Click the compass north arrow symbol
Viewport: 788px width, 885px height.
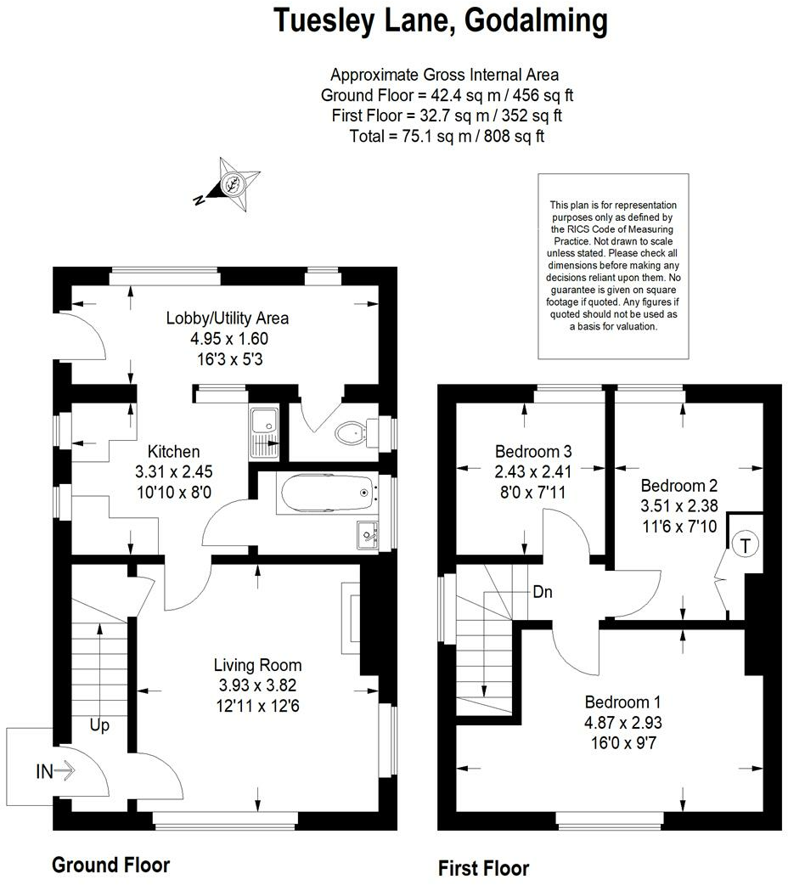tap(230, 183)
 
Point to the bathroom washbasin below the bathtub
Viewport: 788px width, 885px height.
tap(368, 533)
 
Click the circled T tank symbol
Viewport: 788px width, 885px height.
tap(745, 544)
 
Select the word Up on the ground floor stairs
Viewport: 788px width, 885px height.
tap(99, 726)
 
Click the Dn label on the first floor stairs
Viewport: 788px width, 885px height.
tap(543, 592)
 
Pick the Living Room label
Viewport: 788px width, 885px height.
tap(257, 665)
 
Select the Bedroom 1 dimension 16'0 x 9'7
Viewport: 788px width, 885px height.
tap(622, 741)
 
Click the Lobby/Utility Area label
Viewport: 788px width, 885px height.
tap(228, 318)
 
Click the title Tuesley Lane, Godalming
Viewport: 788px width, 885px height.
tap(441, 20)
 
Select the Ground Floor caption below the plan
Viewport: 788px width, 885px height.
tap(110, 865)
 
